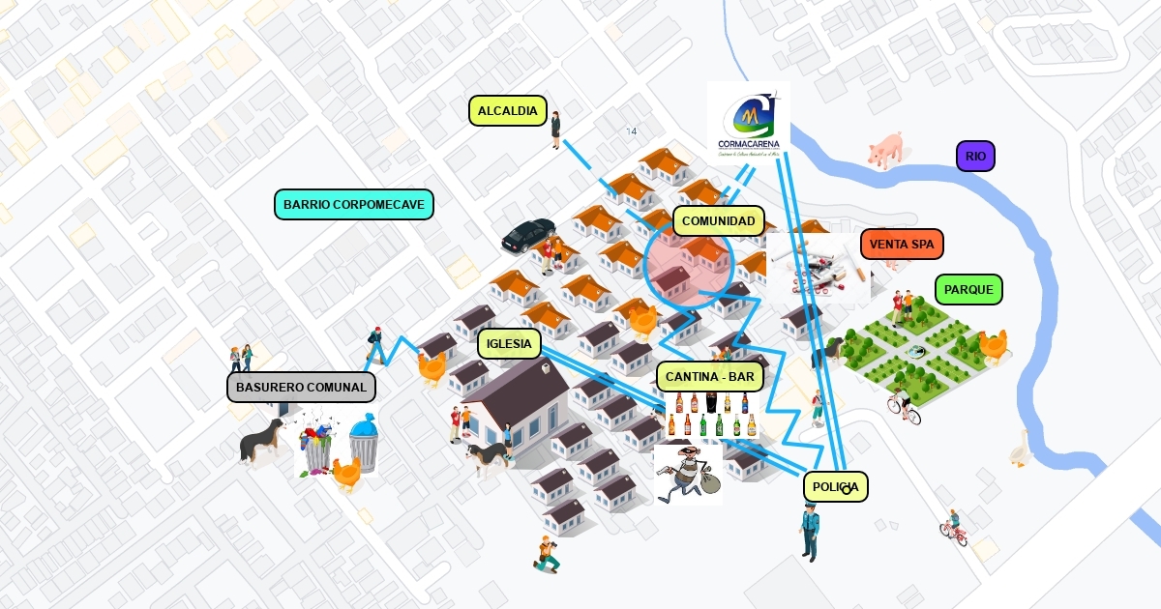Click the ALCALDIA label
pos(508,111)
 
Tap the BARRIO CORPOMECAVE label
pos(353,205)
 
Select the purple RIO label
pos(975,156)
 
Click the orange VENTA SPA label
pos(901,245)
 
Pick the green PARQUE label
pos(968,289)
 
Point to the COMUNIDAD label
pos(718,221)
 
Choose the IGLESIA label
pos(510,343)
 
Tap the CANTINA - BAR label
pos(710,376)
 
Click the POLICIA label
pos(835,487)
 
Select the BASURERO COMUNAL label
pos(301,388)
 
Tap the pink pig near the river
pos(885,150)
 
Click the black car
pos(528,235)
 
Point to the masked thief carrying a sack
pos(686,473)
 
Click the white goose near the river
pos(1020,449)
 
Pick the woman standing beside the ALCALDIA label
pos(555,130)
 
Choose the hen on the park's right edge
pos(993,345)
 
